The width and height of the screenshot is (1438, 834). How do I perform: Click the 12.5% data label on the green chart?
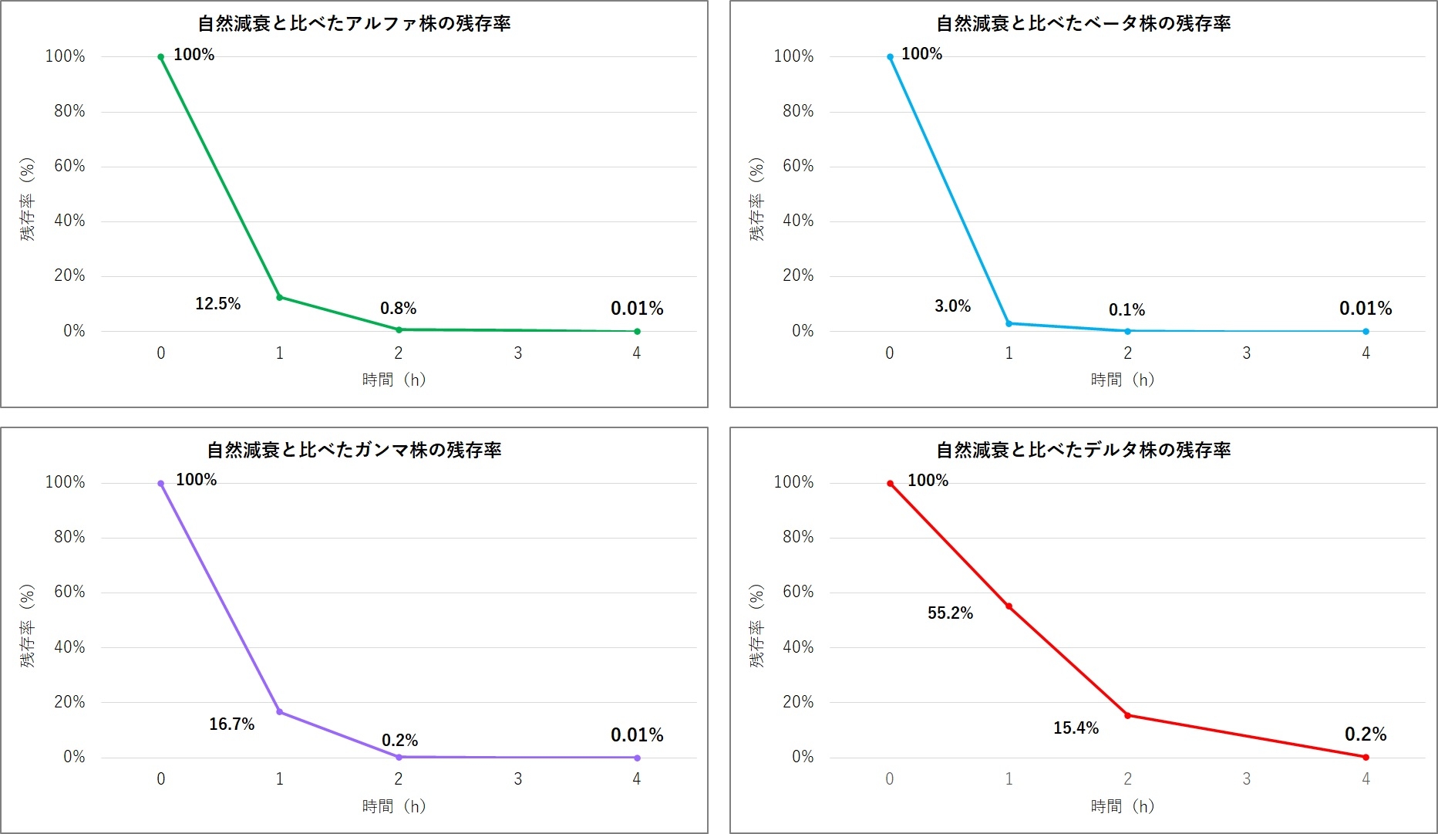coord(217,304)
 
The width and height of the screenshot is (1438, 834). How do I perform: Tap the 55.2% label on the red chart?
coord(950,613)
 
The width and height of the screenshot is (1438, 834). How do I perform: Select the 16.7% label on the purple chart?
coord(231,724)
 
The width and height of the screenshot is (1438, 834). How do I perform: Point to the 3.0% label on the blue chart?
coord(952,306)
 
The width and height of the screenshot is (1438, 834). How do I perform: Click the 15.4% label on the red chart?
coord(1076,728)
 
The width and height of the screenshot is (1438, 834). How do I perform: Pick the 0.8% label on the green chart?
coord(398,309)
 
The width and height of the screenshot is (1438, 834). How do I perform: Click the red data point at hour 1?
coord(1009,606)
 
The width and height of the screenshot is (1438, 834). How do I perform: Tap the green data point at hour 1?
coord(280,297)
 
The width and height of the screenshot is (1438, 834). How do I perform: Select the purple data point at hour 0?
coord(160,484)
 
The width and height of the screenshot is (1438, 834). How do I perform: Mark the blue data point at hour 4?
coord(1366,332)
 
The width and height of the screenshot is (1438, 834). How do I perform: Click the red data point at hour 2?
coord(1127,715)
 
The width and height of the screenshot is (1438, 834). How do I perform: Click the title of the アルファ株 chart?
coord(354,24)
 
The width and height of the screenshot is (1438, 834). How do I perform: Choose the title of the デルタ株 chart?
coord(1083,450)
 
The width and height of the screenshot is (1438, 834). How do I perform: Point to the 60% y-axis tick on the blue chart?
coord(798,166)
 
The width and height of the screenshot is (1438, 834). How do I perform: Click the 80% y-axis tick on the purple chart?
coord(69,537)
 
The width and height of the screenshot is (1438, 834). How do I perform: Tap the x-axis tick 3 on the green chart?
coord(518,353)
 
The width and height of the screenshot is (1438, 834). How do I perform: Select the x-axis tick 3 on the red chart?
coord(1247,779)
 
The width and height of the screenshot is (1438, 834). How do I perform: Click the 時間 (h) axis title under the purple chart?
coord(394,806)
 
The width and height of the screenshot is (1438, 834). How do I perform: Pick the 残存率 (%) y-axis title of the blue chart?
coord(757,199)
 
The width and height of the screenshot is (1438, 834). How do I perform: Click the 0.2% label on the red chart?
coord(1366,734)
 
